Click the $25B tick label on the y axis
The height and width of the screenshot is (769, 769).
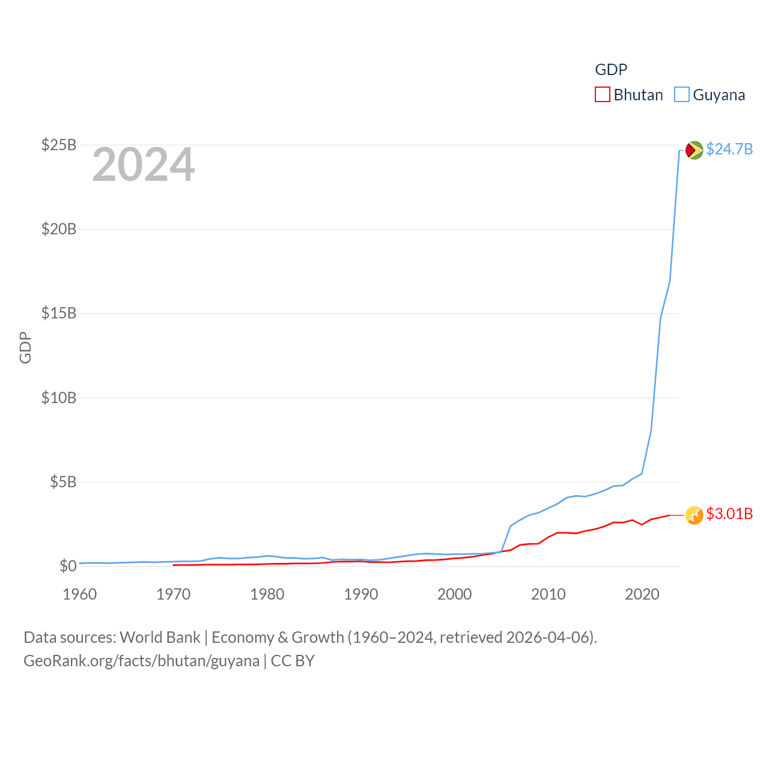[x=58, y=145]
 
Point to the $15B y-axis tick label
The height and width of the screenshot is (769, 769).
[x=58, y=313]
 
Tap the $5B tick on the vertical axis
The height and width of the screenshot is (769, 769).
[x=62, y=482]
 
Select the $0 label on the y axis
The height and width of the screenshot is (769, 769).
[x=68, y=566]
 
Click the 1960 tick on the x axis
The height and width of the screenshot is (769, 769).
[x=79, y=594]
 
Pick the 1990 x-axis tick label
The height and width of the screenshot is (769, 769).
[x=360, y=594]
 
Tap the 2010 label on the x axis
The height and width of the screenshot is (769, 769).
[x=548, y=594]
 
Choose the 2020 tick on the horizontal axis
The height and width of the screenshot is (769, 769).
[x=642, y=594]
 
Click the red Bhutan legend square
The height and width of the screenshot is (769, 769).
[x=602, y=94]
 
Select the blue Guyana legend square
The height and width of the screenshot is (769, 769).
[x=681, y=94]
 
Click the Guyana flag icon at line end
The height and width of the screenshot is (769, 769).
[x=694, y=150]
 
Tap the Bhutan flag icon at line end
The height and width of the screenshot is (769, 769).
[x=694, y=515]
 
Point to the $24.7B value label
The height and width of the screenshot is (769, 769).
[x=729, y=149]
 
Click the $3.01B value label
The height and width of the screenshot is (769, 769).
[x=729, y=514]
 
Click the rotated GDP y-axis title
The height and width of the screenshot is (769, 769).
[x=25, y=347]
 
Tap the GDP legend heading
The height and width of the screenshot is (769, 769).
[x=611, y=70]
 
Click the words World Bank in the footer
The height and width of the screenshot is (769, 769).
[x=160, y=637]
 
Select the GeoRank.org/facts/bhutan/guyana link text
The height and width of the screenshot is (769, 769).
[x=141, y=661]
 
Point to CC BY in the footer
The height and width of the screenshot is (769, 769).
[x=293, y=661]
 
